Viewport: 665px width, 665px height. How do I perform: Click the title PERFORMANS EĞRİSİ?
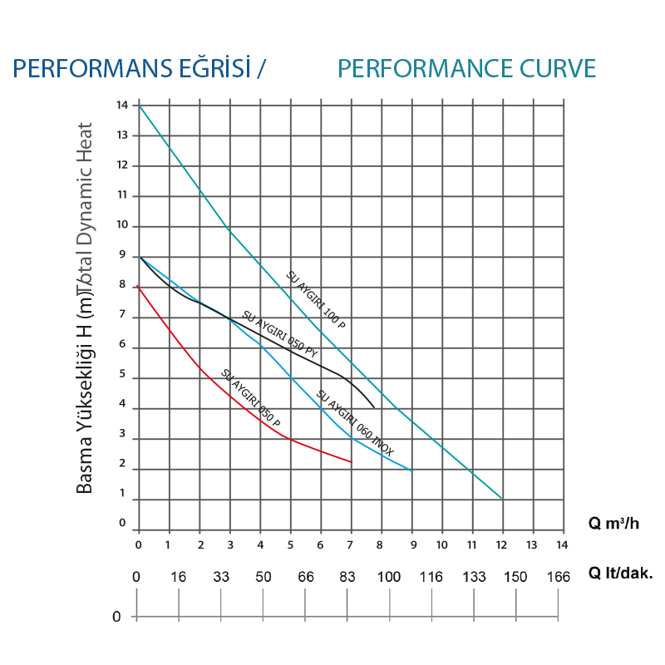[x=140, y=68]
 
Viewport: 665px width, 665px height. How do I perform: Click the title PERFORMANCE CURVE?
[x=467, y=68]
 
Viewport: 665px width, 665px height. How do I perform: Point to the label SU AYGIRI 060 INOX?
[x=355, y=424]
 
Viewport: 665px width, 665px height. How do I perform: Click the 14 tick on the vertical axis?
[x=122, y=106]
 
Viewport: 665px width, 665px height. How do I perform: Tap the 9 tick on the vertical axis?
[x=122, y=256]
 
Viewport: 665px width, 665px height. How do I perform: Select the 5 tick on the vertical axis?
[x=122, y=376]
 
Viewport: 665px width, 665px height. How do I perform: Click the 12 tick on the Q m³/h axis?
[x=501, y=544]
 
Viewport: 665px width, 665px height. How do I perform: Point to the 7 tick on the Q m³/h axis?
[x=351, y=544]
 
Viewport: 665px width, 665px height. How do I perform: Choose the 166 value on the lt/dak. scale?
[x=558, y=577]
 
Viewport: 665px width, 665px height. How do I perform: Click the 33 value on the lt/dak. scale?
[x=222, y=577]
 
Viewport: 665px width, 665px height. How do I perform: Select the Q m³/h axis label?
[x=614, y=524]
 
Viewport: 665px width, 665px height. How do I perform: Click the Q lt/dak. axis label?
[x=621, y=573]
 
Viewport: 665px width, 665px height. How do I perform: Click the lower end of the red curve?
[x=352, y=461]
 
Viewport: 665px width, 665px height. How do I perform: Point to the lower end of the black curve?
[x=373, y=407]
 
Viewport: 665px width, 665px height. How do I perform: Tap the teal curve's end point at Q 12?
[x=502, y=499]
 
